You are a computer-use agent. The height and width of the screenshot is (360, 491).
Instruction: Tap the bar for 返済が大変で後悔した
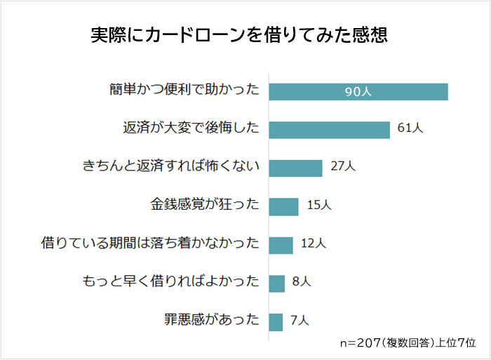pyautogui.click(x=329, y=130)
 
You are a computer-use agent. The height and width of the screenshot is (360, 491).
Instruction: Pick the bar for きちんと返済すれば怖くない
pyautogui.click(x=295, y=168)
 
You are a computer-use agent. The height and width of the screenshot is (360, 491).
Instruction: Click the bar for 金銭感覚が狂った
pyautogui.click(x=284, y=206)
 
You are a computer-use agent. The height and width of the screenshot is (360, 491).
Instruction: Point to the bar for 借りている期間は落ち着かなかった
pyautogui.click(x=281, y=244)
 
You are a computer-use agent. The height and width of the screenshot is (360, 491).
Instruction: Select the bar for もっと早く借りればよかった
pyautogui.click(x=277, y=283)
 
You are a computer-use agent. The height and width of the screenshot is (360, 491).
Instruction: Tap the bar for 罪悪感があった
pyautogui.click(x=276, y=321)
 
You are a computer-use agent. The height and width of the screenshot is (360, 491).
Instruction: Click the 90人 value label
pyautogui.click(x=358, y=93)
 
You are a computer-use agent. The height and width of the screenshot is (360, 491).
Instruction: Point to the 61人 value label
pyautogui.click(x=410, y=129)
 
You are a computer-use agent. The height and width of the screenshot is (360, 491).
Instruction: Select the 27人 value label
pyautogui.click(x=344, y=167)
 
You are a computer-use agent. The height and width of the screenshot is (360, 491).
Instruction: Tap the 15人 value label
pyautogui.click(x=319, y=206)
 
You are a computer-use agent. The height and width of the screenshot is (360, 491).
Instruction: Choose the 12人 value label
pyautogui.click(x=313, y=244)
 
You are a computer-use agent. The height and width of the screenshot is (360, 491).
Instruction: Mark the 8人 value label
pyautogui.click(x=302, y=282)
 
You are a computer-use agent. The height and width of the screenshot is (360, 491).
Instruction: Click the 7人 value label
pyautogui.click(x=300, y=321)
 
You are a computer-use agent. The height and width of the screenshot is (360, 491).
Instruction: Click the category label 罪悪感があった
pyautogui.click(x=211, y=321)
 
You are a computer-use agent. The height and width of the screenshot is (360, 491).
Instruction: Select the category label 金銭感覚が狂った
pyautogui.click(x=205, y=206)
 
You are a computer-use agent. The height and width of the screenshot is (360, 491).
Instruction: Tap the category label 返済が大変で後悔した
pyautogui.click(x=191, y=129)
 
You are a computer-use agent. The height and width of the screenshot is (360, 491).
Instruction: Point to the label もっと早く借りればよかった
pyautogui.click(x=171, y=282)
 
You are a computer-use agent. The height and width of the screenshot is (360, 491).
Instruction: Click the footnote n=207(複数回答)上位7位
pyautogui.click(x=408, y=343)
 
